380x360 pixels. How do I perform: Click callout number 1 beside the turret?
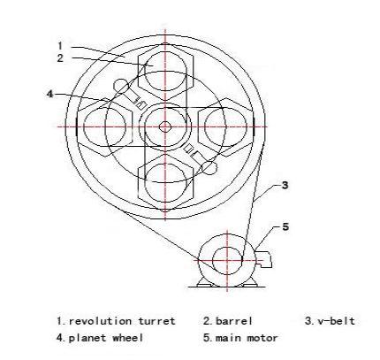tap(60, 46)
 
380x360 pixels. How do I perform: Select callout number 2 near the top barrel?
tap(60, 57)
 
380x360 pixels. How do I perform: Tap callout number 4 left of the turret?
tap(50, 94)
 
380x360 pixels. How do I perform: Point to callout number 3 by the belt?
tap(285, 186)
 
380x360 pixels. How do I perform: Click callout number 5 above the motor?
tap(285, 226)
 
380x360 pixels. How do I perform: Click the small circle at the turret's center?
tap(165, 127)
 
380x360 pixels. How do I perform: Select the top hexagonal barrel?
tap(165, 73)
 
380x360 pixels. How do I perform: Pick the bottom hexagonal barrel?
tap(165, 182)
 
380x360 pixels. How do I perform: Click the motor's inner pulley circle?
tap(227, 261)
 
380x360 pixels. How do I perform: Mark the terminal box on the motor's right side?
tap(264, 259)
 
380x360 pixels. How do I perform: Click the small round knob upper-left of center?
tap(121, 86)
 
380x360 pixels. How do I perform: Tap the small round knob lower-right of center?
tap(209, 167)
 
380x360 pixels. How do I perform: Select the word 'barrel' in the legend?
tap(234, 321)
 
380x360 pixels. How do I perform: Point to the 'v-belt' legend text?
tap(336, 321)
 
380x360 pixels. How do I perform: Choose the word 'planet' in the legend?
tap(87, 338)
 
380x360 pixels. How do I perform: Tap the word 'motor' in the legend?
tap(262, 338)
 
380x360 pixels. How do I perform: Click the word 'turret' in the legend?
tap(156, 321)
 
